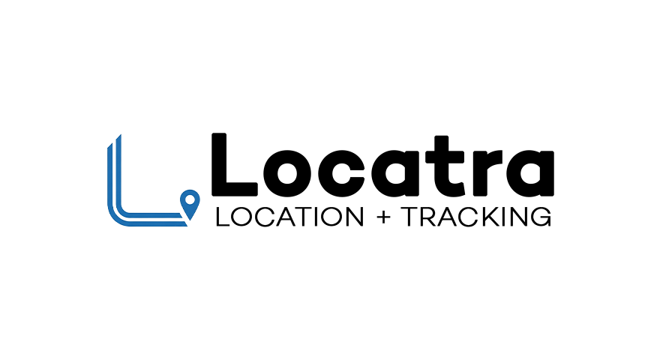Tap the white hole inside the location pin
click(190, 199)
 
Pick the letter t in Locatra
click(445, 166)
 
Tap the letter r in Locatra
click(485, 173)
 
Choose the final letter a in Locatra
click(529, 173)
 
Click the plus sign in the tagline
click(384, 217)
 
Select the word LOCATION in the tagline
click(289, 217)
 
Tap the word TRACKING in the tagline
click(478, 217)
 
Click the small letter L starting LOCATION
click(223, 217)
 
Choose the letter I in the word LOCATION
click(311, 217)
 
